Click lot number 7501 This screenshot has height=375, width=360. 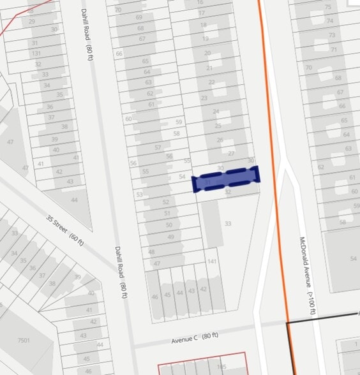pos(24,341)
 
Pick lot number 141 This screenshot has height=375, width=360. pos(213,262)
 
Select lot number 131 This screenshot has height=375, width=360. pos(36,54)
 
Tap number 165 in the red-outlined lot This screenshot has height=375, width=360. pos(221,367)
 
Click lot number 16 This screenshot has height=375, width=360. pos(201,3)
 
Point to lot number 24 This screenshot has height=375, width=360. pos(216,112)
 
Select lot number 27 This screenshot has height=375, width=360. pos(232,154)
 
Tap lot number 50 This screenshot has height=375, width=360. pos(169,225)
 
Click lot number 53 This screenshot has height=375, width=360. pos(139,195)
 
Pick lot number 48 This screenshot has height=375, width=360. pos(151,253)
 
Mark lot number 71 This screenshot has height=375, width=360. pos(333,50)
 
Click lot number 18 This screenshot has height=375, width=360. pos(204,25)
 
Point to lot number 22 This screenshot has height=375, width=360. pos(211,82)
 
